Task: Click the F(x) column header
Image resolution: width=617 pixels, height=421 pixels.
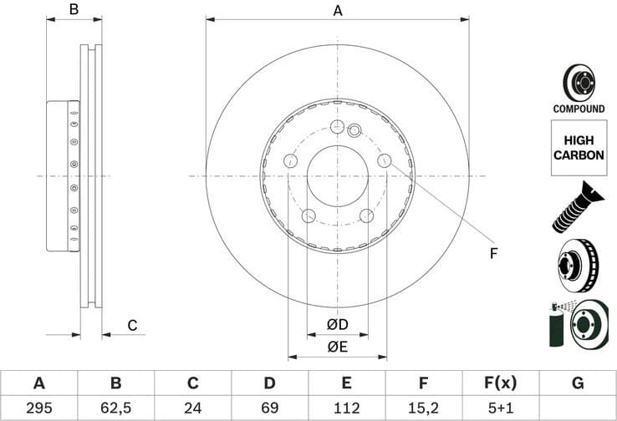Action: tap(500, 383)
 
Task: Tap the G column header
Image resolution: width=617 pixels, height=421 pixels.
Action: tap(578, 383)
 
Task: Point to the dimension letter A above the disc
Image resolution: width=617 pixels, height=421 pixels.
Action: tap(338, 11)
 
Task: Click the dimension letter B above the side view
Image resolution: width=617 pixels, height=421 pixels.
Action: tap(74, 10)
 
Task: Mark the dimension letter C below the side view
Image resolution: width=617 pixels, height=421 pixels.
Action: tap(131, 325)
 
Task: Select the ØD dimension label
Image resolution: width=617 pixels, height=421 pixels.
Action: tap(337, 324)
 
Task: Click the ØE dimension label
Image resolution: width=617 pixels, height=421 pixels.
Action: tap(337, 347)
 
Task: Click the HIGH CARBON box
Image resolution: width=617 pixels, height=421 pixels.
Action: tap(579, 148)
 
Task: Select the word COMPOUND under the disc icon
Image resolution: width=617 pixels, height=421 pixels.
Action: tap(579, 109)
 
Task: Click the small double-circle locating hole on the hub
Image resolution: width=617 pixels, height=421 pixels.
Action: tap(354, 129)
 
